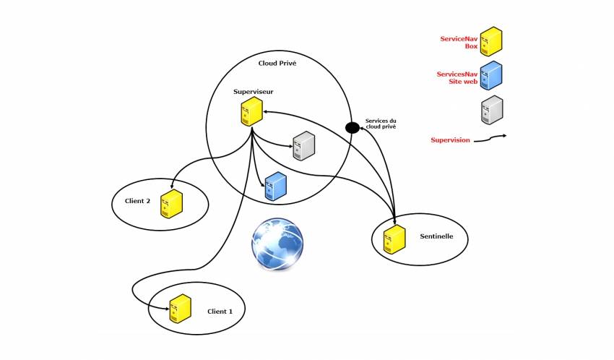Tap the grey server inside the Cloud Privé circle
pos(303,146)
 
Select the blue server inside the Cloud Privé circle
pos(276,187)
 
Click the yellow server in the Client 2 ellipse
pos(172,204)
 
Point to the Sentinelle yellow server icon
pos(394,240)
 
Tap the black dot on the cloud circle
pos(353,128)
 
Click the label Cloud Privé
pos(277,64)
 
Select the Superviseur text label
pos(253,92)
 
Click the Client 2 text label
pos(137,201)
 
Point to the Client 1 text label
pos(220,312)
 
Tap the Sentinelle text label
pos(436,236)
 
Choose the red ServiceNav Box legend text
pos(460,41)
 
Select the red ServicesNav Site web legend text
pos(458,78)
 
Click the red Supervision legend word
pos(450,140)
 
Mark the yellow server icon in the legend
pos(492,41)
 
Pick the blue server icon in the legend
pos(492,76)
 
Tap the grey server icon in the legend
pos(492,110)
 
